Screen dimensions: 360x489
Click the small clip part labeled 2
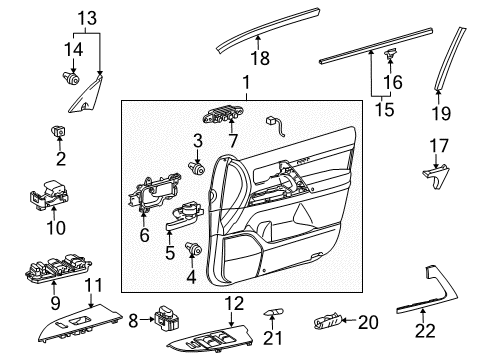[x=61, y=132]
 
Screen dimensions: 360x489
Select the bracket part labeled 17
[x=432, y=178]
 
